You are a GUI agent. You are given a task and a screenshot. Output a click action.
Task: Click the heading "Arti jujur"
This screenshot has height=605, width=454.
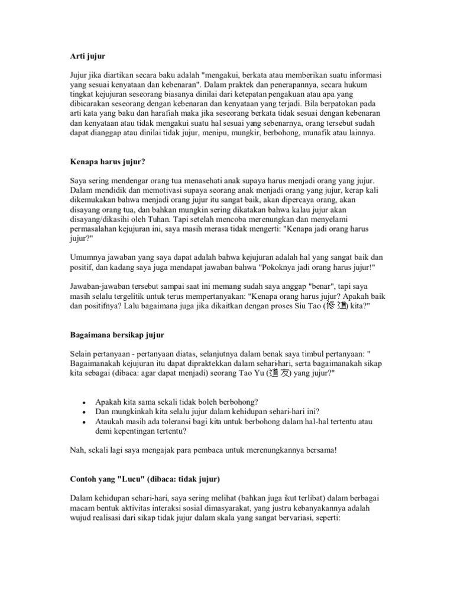coord(87,56)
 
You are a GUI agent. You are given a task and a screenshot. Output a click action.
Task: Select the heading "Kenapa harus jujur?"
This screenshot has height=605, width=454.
coord(107,161)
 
